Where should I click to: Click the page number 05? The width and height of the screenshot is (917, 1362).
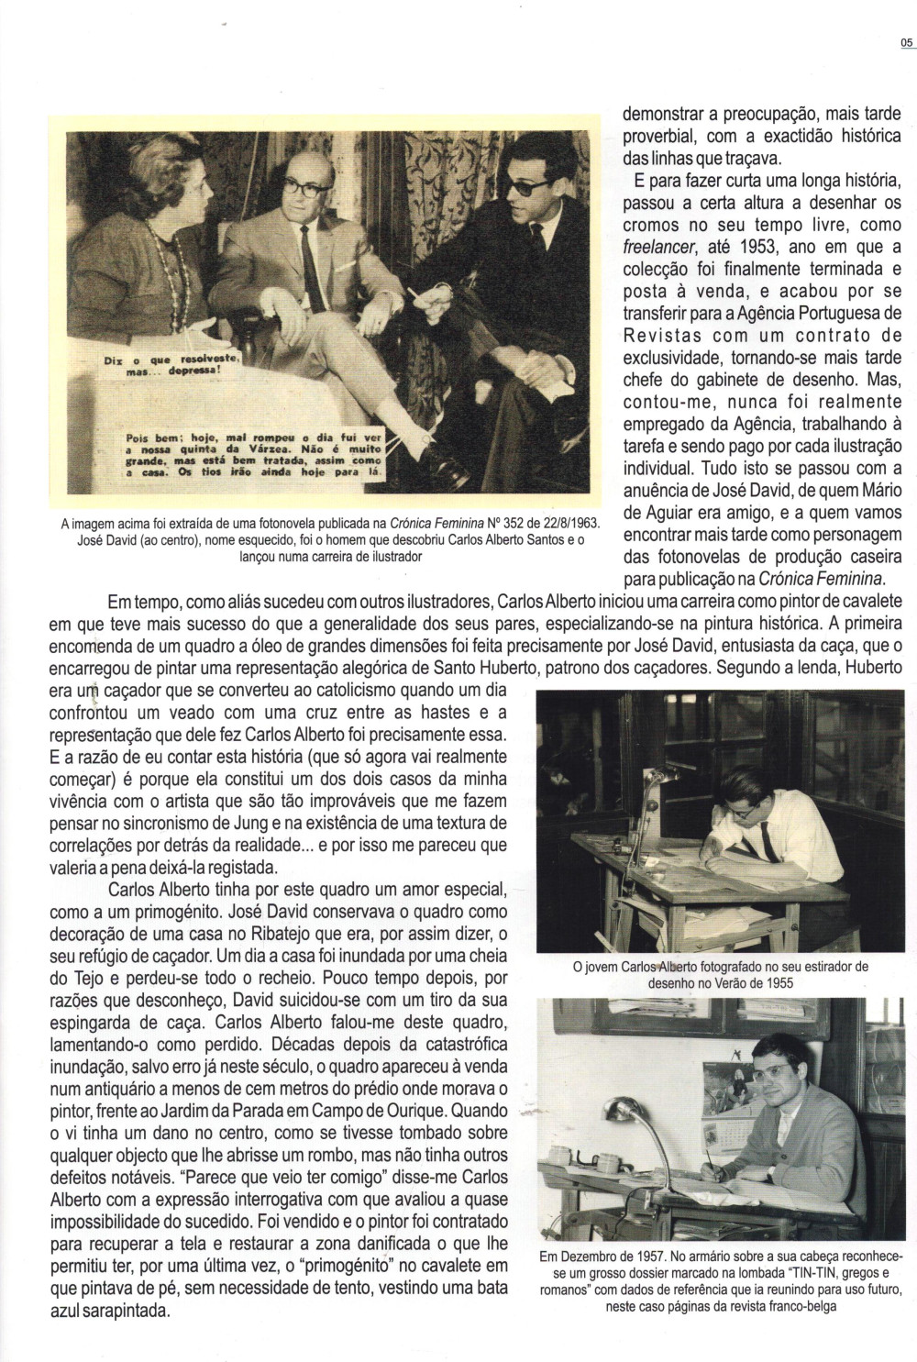tap(907, 42)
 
